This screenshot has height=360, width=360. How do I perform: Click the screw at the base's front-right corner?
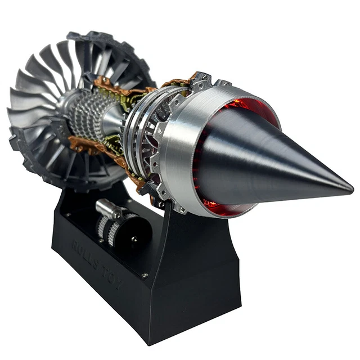point(145,275)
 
